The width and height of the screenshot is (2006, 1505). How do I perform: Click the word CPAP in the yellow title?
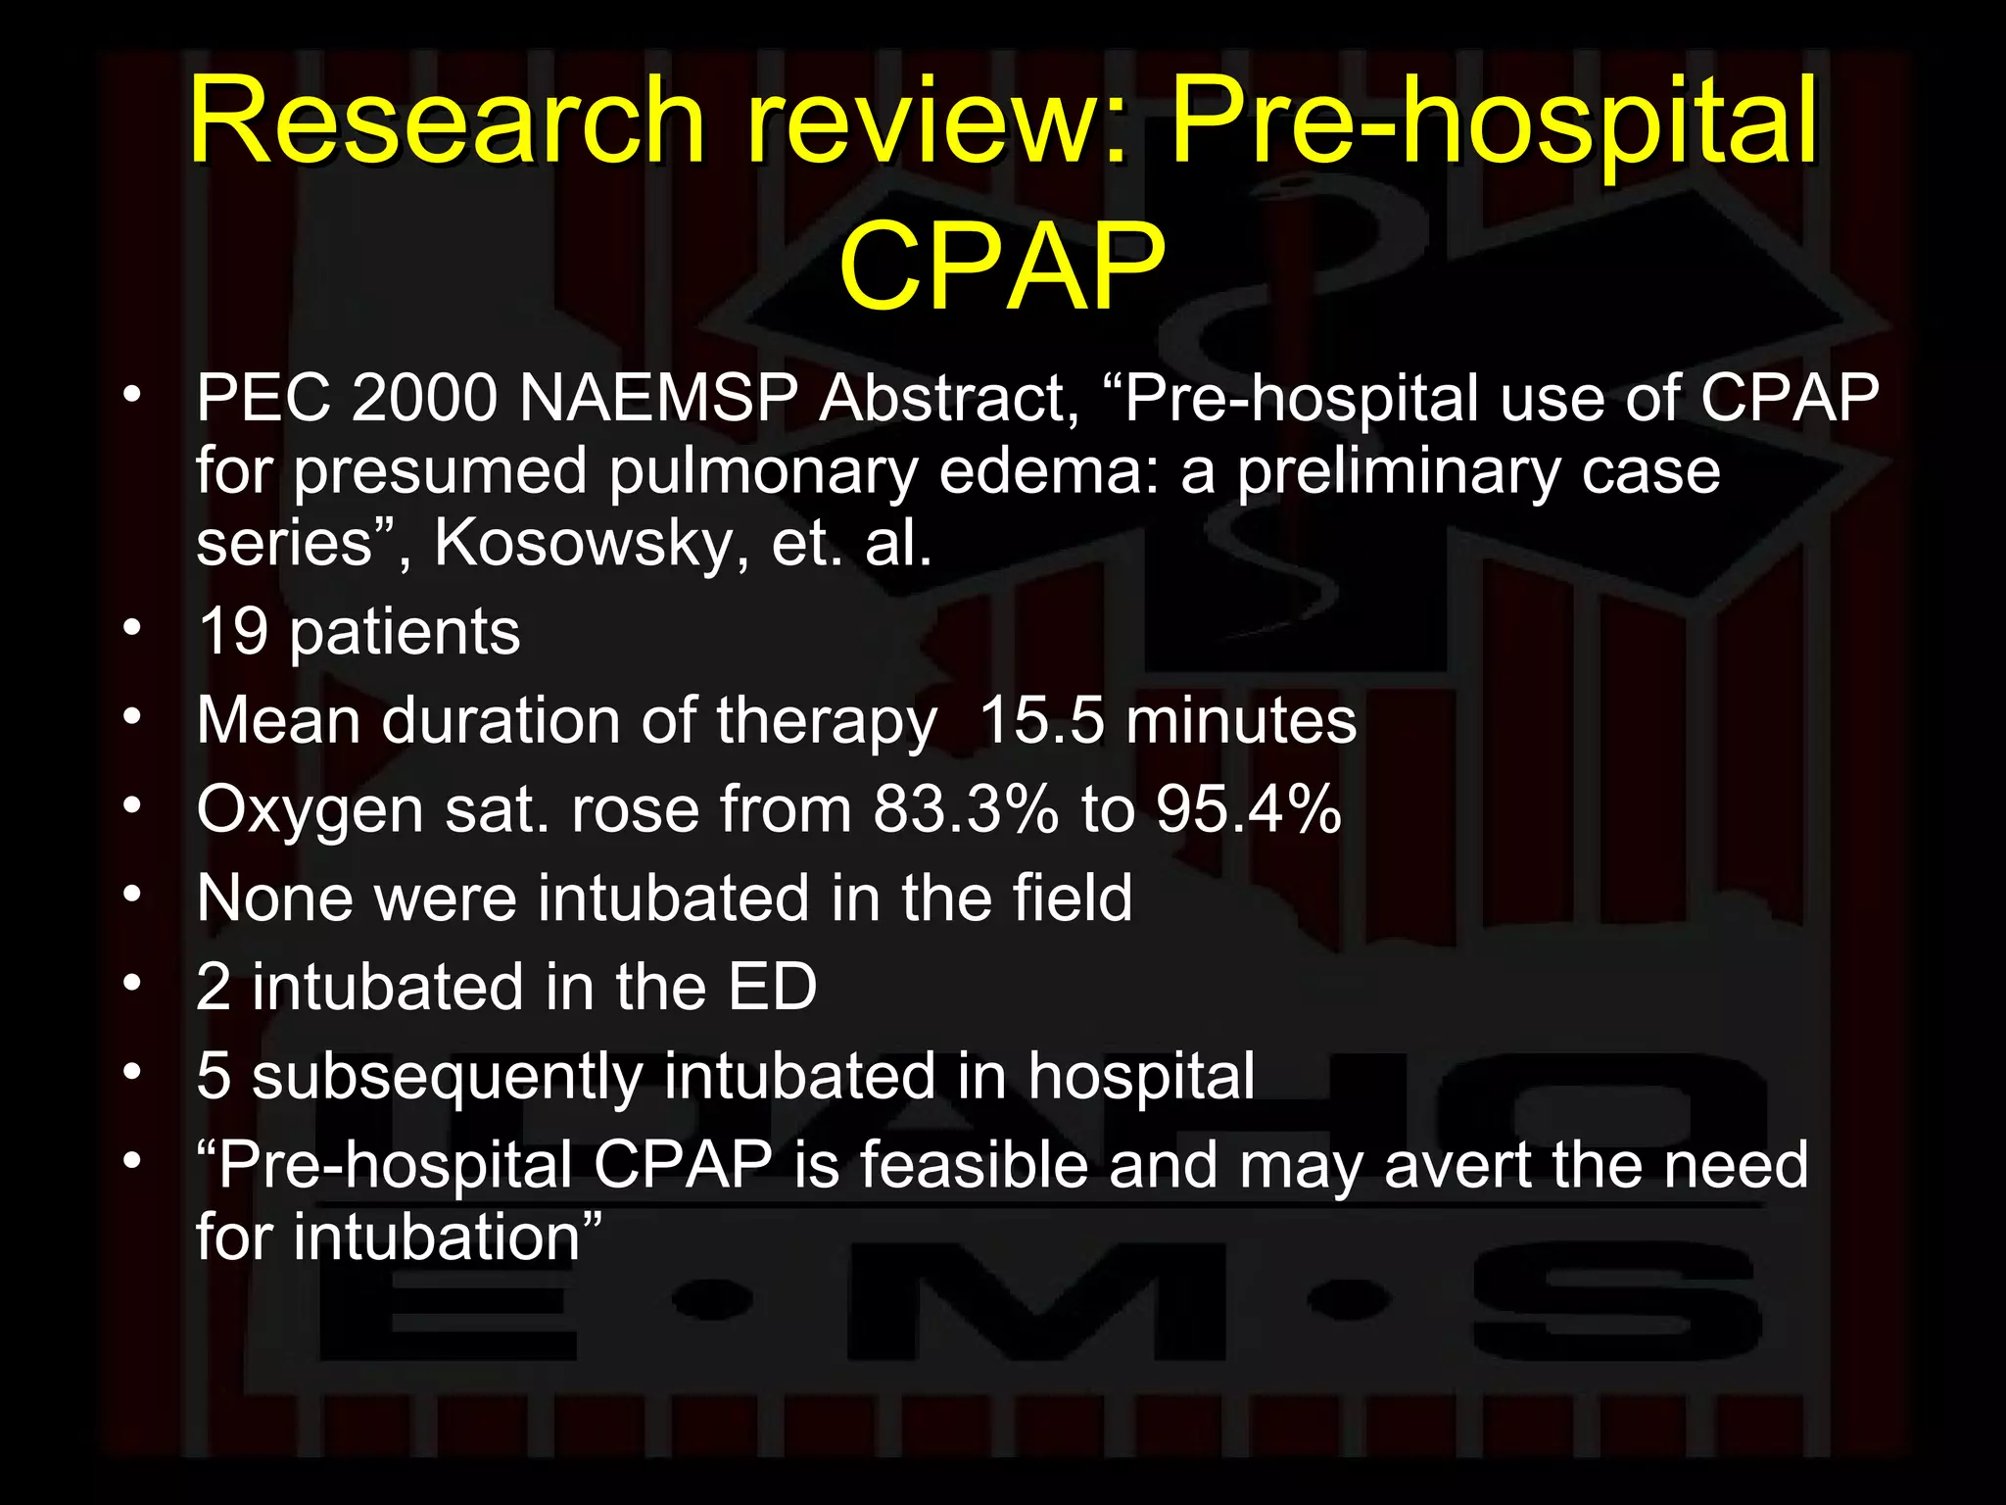pyautogui.click(x=1001, y=267)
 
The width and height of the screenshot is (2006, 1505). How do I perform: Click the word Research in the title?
pyautogui.click(x=447, y=122)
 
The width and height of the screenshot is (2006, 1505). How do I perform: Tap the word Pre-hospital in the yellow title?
pyautogui.click(x=1493, y=122)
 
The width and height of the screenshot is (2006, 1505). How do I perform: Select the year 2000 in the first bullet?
pyautogui.click(x=424, y=399)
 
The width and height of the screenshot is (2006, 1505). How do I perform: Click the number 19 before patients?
pyautogui.click(x=233, y=632)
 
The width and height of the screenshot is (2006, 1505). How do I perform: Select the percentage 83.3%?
pyautogui.click(x=966, y=810)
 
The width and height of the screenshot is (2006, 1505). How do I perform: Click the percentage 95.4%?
pyautogui.click(x=1248, y=810)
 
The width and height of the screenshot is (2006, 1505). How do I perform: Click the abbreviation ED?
pyautogui.click(x=772, y=987)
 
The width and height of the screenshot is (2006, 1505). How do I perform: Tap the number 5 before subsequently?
pyautogui.click(x=214, y=1076)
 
